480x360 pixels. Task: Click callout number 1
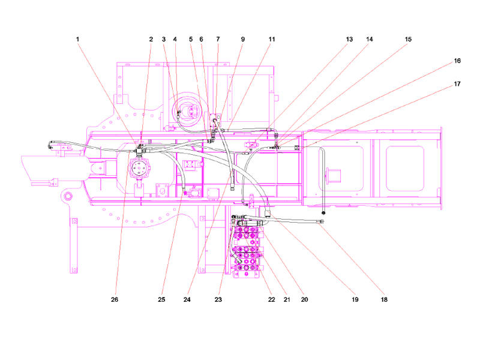pos(77,39)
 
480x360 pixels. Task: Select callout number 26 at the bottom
pos(115,299)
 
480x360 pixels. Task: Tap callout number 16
pos(457,61)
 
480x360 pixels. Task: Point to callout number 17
pos(457,84)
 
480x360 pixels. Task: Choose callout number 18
pos(384,299)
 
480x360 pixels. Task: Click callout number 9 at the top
pos(243,39)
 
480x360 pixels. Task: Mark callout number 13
pos(349,39)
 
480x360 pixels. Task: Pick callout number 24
pos(187,299)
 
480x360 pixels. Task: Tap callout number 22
pos(272,299)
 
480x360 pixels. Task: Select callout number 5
pos(191,39)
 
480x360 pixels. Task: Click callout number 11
pos(272,39)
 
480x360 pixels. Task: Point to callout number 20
pos(304,299)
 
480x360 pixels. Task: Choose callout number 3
pos(164,39)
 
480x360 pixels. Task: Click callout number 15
pos(408,39)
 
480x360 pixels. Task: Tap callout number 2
pos(151,39)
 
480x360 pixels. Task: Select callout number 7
pos(218,39)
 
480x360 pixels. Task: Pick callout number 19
pos(355,299)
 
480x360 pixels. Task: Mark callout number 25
pos(161,299)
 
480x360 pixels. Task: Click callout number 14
pos(370,39)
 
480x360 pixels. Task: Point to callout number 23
pos(218,299)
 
